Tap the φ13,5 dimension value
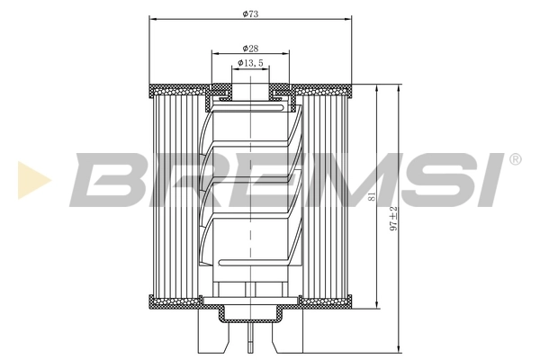[x=251, y=63]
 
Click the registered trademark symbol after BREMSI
[x=515, y=159]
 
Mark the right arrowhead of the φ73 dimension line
[x=346, y=20]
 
